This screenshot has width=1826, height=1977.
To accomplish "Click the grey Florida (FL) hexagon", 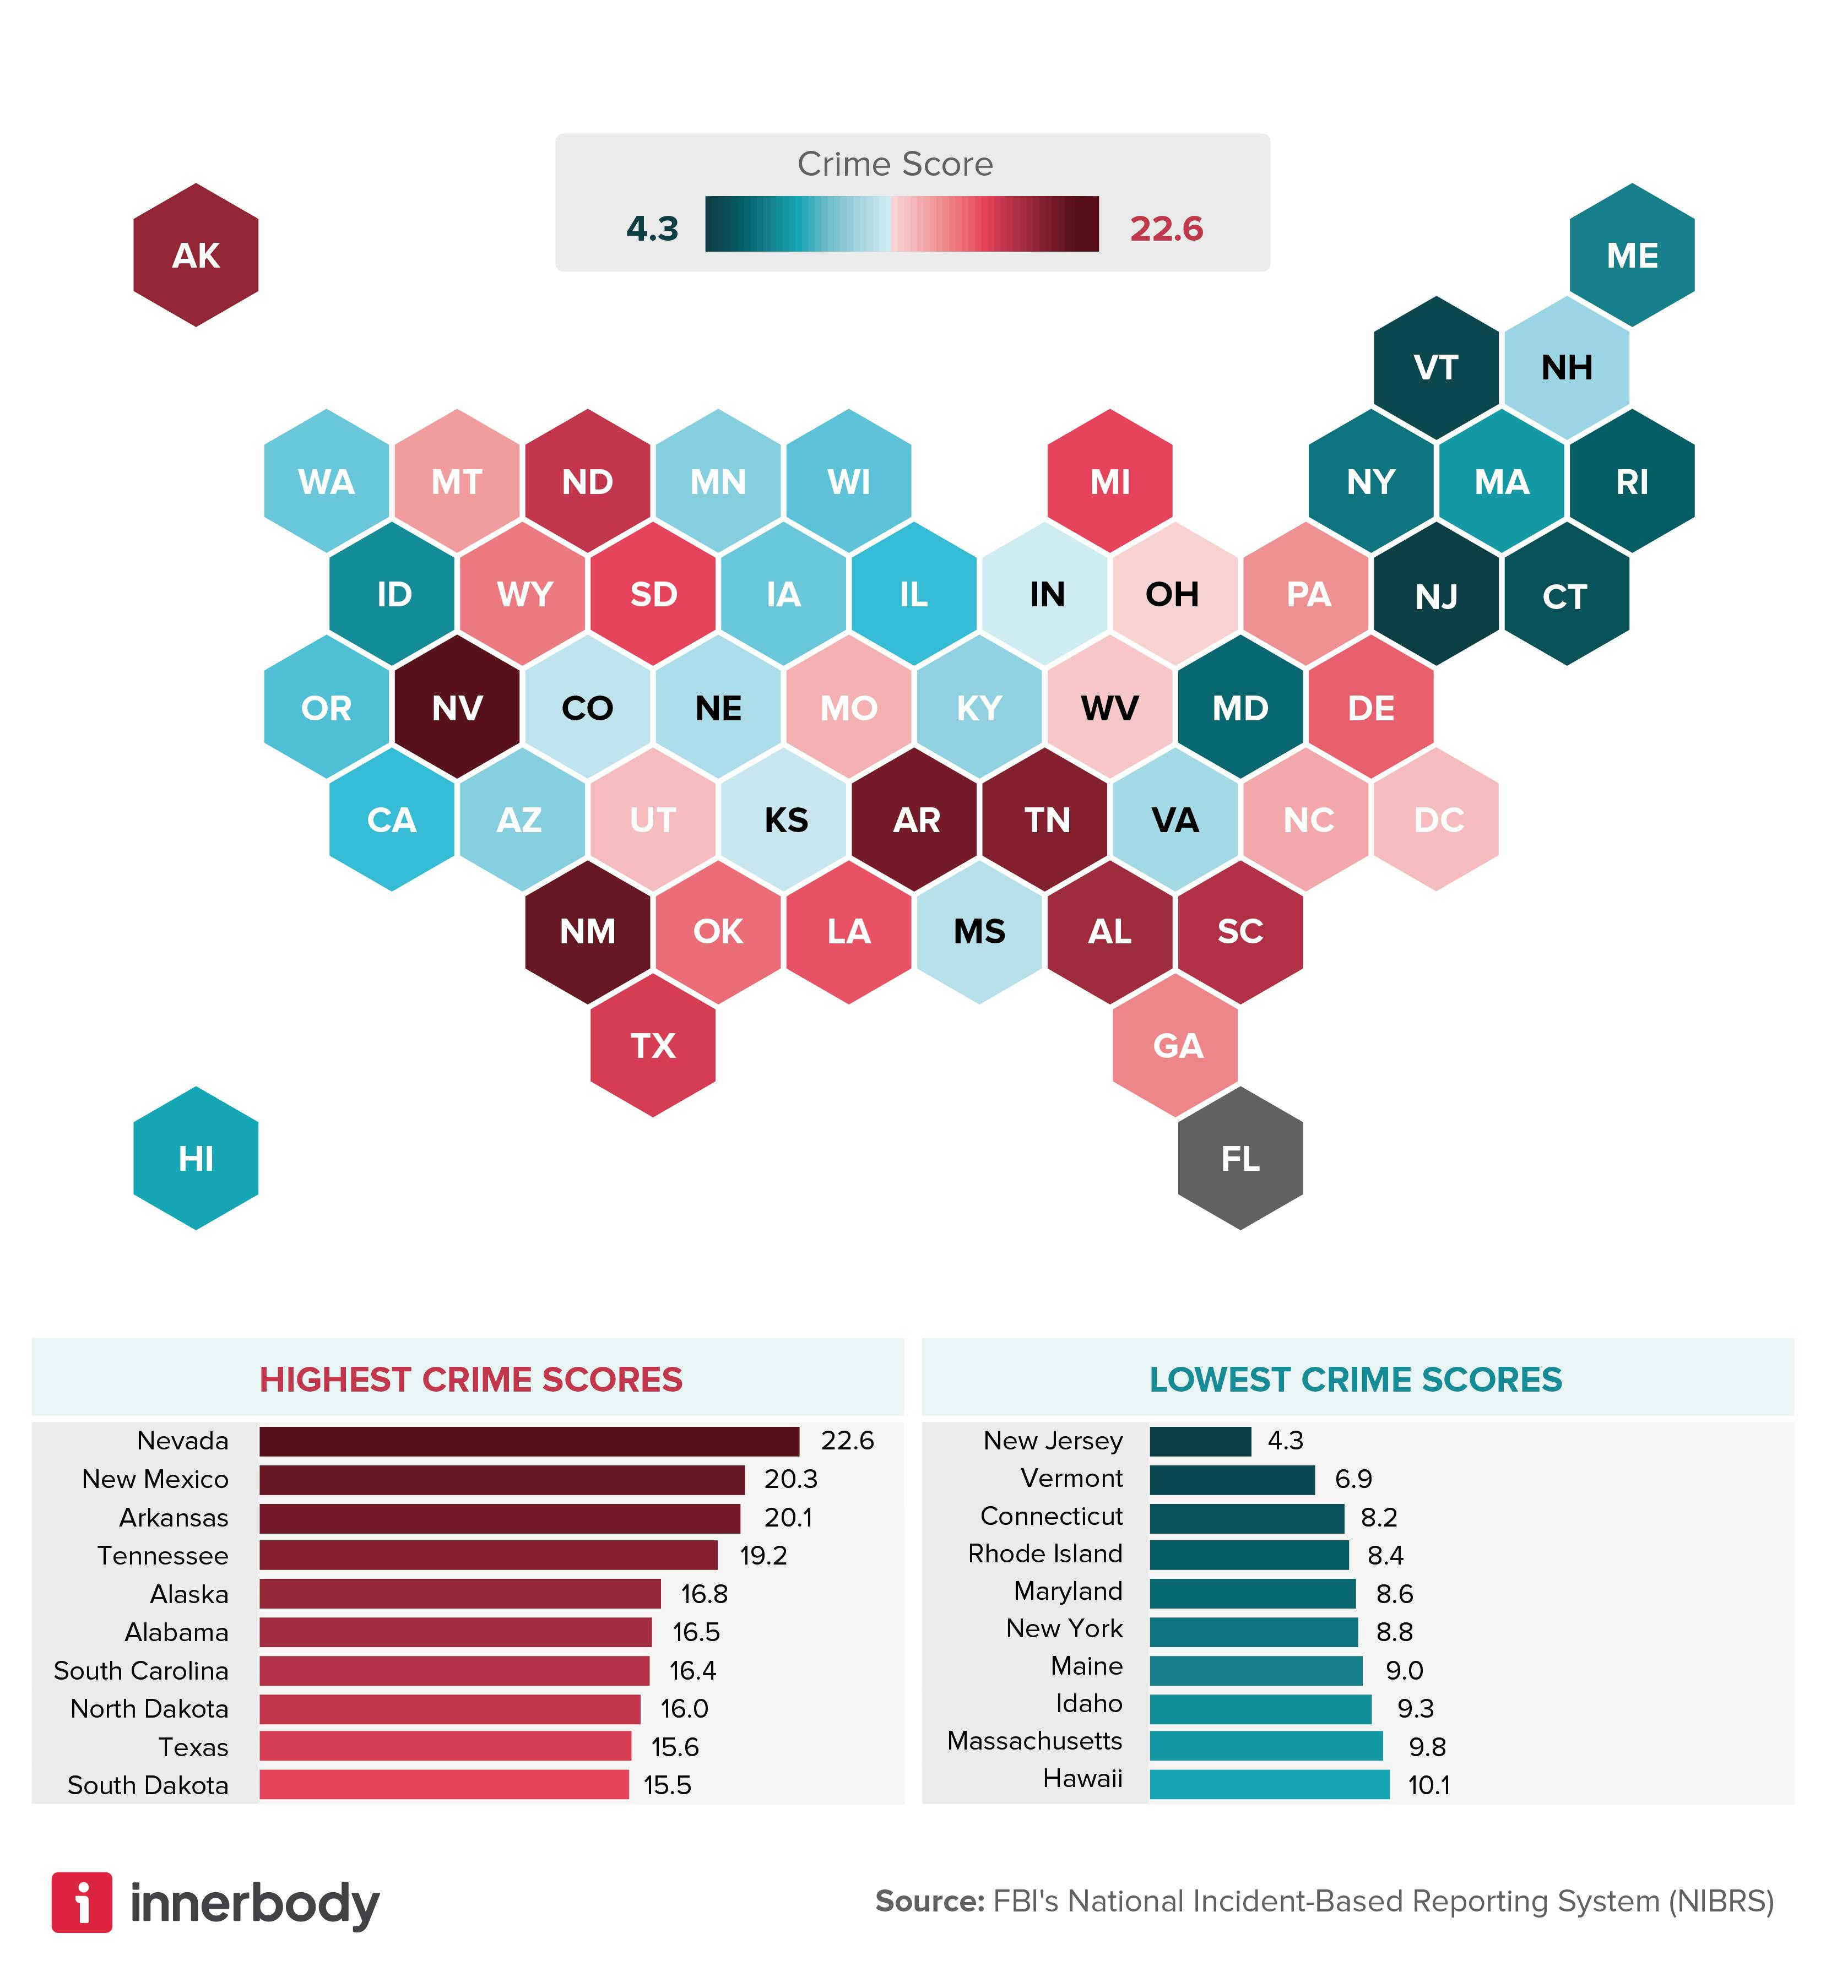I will tap(1240, 1158).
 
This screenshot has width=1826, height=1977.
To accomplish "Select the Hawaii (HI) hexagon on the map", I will tap(196, 1158).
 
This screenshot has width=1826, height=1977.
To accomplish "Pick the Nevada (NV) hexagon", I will tap(457, 708).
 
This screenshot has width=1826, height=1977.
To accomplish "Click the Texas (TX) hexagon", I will tap(652, 1045).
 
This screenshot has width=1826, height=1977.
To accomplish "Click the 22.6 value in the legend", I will tap(1166, 228).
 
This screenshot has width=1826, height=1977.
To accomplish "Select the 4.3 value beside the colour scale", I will tap(652, 228).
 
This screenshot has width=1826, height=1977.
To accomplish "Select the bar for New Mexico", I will tap(502, 1479).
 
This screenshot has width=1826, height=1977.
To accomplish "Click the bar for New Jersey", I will tap(1200, 1441).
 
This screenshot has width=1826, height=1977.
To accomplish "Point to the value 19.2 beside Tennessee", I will tap(763, 1555).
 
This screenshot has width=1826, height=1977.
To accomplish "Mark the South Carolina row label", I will tap(142, 1670).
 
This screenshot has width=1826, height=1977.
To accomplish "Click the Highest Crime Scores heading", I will tap(470, 1379).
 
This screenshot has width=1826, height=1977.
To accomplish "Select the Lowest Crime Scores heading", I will tap(1356, 1379).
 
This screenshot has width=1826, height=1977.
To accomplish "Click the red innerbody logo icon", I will tap(82, 1902).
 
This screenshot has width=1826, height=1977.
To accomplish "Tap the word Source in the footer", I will tap(929, 1901).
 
